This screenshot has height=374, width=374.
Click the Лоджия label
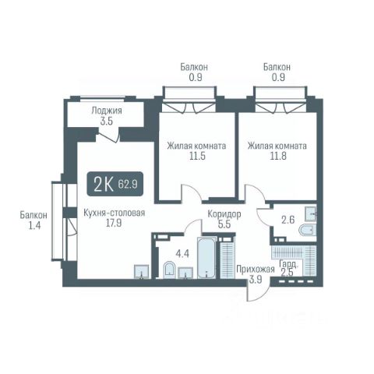(107, 111)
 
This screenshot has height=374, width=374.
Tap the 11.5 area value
(197, 156)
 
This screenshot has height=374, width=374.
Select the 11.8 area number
(278, 156)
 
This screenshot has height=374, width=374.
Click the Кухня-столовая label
(114, 213)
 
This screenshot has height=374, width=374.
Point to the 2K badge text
(104, 185)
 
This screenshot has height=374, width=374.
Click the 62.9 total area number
(128, 185)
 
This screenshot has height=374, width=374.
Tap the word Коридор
(224, 214)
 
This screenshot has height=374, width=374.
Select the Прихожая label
(256, 270)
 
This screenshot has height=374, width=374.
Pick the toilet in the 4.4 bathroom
(169, 270)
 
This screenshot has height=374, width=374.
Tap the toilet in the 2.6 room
(308, 230)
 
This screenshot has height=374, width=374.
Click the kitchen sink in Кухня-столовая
(142, 272)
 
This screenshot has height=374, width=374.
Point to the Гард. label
(288, 264)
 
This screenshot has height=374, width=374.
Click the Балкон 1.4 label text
(34, 221)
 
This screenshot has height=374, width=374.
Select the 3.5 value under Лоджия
(107, 122)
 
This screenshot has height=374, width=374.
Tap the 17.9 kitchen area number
(114, 223)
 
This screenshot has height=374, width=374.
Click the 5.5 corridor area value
(224, 224)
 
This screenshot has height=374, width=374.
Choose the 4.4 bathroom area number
(182, 253)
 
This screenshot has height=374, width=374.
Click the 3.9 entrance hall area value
(256, 280)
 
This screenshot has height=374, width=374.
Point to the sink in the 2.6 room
(310, 213)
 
